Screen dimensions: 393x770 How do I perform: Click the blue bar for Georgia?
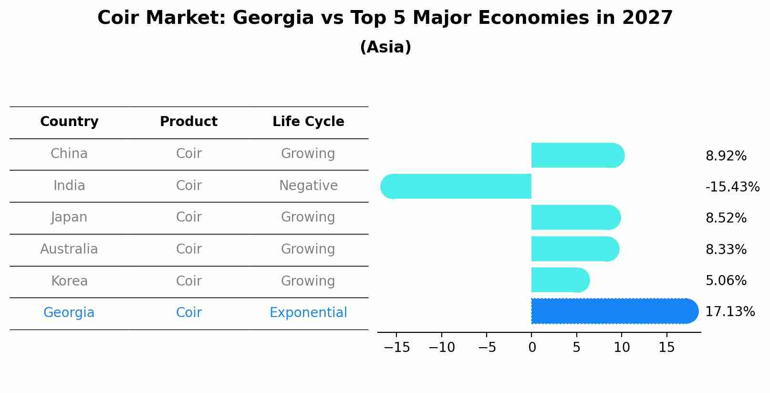click(x=614, y=311)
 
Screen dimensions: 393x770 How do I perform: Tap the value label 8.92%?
click(x=726, y=156)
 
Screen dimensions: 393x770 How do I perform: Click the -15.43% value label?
click(x=732, y=187)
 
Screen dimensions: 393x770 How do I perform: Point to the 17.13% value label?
click(x=730, y=312)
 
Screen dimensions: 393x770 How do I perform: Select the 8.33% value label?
click(x=726, y=249)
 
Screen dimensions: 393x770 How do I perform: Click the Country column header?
click(x=69, y=122)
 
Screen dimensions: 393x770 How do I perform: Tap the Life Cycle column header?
click(x=308, y=122)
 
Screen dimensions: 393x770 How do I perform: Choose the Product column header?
click(x=188, y=122)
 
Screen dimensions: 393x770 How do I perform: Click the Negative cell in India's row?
click(x=308, y=185)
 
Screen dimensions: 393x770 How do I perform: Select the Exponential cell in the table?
click(x=308, y=313)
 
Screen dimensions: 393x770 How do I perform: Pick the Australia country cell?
click(x=69, y=249)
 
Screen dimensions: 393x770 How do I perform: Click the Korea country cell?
click(x=69, y=281)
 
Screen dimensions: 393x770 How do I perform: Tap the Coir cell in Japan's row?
click(x=188, y=217)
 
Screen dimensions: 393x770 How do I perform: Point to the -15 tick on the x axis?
click(x=397, y=348)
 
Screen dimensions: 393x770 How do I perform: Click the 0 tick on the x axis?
click(x=532, y=348)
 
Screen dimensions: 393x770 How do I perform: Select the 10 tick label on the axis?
click(x=622, y=348)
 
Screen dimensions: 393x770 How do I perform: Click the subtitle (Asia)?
click(x=385, y=47)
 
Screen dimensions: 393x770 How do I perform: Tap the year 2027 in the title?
click(x=647, y=18)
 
